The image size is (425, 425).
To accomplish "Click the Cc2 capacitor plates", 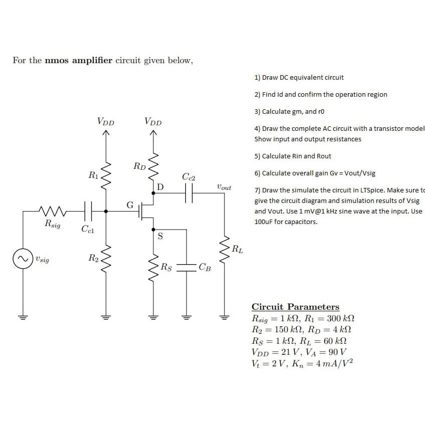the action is (189, 193).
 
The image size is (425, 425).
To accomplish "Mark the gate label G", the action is (129, 204).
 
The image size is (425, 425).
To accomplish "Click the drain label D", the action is (160, 187).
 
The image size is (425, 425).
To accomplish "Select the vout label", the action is (224, 187).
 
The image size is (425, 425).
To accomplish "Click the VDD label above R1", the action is (105, 121).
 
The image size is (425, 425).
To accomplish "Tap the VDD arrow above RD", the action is (154, 133).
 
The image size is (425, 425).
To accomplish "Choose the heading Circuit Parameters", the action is (295, 307).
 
